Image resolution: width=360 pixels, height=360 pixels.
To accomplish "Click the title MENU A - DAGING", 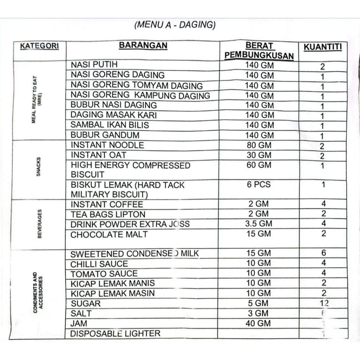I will pyautogui.click(x=175, y=25).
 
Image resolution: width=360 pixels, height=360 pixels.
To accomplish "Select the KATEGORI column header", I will pyautogui.click(x=39, y=46).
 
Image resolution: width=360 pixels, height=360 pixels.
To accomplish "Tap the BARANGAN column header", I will pyautogui.click(x=143, y=46).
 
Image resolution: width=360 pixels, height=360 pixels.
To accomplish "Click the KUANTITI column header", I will pyautogui.click(x=323, y=47).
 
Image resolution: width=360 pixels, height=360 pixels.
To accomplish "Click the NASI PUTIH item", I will pyautogui.click(x=94, y=65).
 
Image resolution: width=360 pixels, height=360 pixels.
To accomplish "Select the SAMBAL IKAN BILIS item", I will pyautogui.click(x=110, y=125).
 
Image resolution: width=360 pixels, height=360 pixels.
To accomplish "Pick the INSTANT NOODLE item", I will pyautogui.click(x=107, y=145).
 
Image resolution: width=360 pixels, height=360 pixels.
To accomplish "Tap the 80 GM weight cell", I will pyautogui.click(x=259, y=145).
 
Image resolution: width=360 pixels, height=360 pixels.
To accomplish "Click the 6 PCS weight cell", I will pyautogui.click(x=259, y=185).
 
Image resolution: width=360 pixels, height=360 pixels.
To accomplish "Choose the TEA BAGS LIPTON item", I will pyautogui.click(x=108, y=214).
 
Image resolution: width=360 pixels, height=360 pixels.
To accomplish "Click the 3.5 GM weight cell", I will pyautogui.click(x=258, y=224).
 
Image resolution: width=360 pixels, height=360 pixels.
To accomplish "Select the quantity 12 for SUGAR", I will pyautogui.click(x=323, y=303).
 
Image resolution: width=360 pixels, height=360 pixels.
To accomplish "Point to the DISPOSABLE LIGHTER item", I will pyautogui.click(x=115, y=333).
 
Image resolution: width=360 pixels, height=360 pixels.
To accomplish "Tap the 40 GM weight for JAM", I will pyautogui.click(x=259, y=323).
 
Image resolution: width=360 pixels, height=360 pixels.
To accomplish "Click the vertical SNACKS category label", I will pyautogui.click(x=38, y=166).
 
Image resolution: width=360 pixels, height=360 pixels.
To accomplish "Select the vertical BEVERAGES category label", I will pyautogui.click(x=39, y=224).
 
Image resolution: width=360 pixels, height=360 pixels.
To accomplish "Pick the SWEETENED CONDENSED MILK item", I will pyautogui.click(x=135, y=253).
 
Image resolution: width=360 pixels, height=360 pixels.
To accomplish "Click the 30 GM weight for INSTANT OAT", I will pyautogui.click(x=259, y=155).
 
